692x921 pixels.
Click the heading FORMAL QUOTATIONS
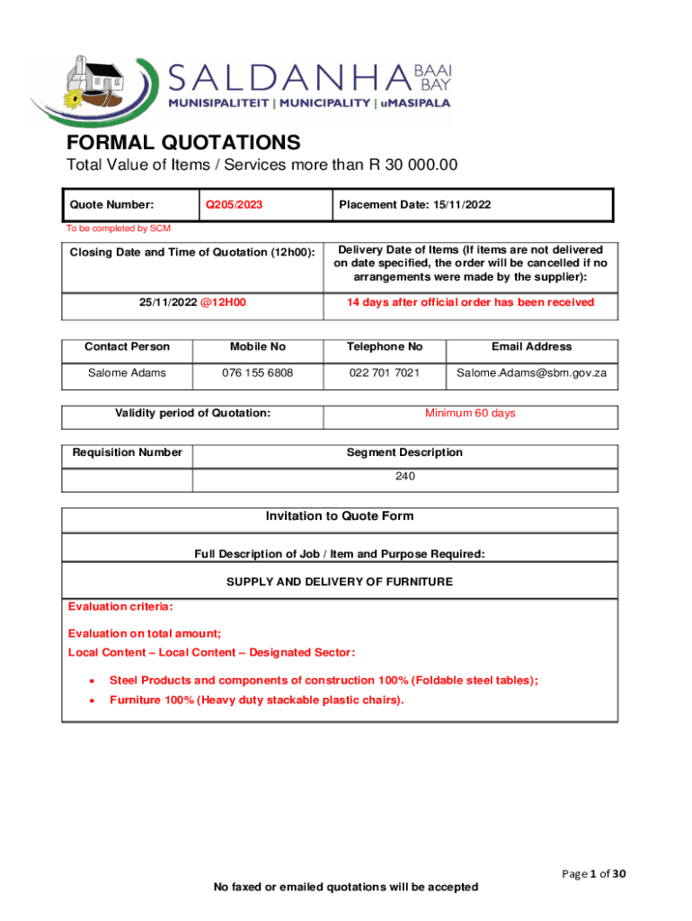[182, 143]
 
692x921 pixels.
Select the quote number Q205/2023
[234, 205]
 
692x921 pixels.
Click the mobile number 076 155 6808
[257, 372]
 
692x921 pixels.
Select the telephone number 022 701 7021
[384, 372]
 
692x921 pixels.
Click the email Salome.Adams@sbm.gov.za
[531, 372]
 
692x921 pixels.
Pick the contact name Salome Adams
[127, 372]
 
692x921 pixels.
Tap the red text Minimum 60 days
[470, 414]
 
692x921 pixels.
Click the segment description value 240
[404, 477]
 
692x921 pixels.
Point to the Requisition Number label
[127, 452]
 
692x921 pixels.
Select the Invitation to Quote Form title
[339, 516]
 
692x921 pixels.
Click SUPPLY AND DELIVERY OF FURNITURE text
[339, 582]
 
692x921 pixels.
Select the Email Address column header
[531, 346]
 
